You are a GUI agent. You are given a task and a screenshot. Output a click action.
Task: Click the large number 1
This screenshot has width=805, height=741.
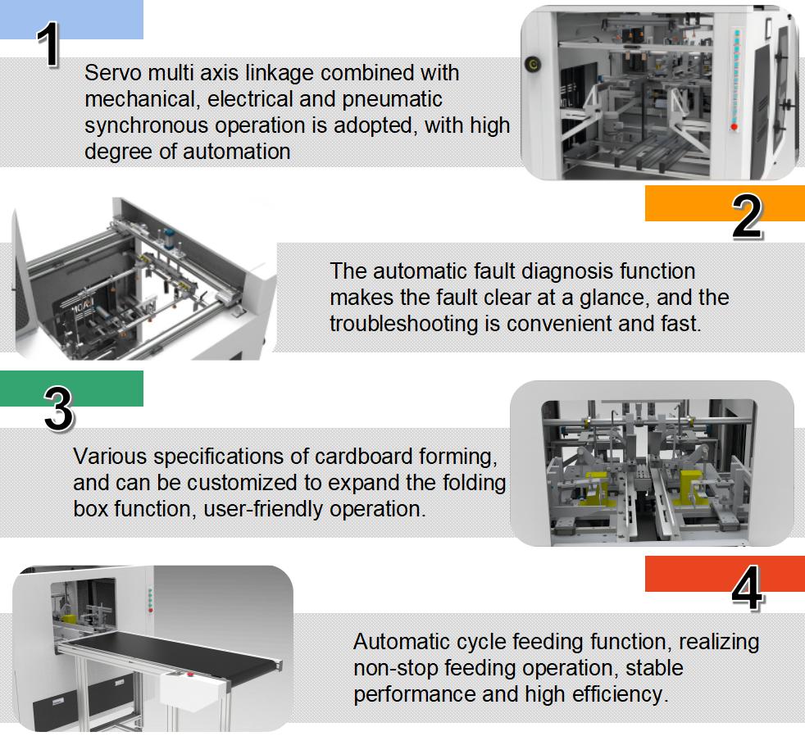point(50,44)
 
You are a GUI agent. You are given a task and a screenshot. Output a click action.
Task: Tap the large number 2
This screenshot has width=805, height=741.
point(746,217)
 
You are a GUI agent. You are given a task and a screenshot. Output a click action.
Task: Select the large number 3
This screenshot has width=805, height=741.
point(57,409)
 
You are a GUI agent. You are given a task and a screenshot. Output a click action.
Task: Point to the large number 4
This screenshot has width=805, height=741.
point(746,588)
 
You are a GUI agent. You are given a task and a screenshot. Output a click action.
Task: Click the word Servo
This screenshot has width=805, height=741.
point(111,73)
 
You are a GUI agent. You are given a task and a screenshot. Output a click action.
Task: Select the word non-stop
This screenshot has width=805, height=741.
point(392,667)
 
